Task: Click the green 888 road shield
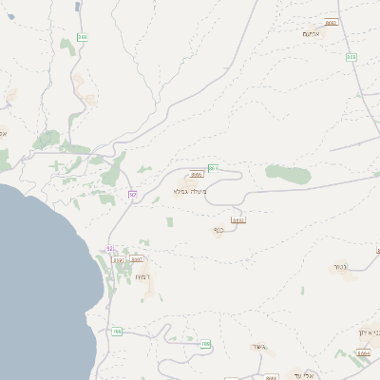point(83,37)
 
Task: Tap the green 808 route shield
point(351,57)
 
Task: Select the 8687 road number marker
point(331,22)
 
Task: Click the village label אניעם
point(313,34)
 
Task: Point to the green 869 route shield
point(214,168)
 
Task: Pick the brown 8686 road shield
point(197,175)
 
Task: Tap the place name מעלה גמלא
point(189,191)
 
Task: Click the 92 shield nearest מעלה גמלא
point(133,195)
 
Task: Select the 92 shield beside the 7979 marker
point(108,248)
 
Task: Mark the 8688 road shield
point(238,219)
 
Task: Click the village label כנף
point(218,229)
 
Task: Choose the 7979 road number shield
point(119,259)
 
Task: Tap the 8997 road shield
point(137,259)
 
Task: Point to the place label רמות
point(142,276)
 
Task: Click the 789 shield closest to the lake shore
point(117,332)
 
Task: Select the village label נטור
point(337,268)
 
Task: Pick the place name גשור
point(257,347)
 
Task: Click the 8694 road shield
point(365,352)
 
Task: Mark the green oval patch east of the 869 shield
point(287,173)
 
